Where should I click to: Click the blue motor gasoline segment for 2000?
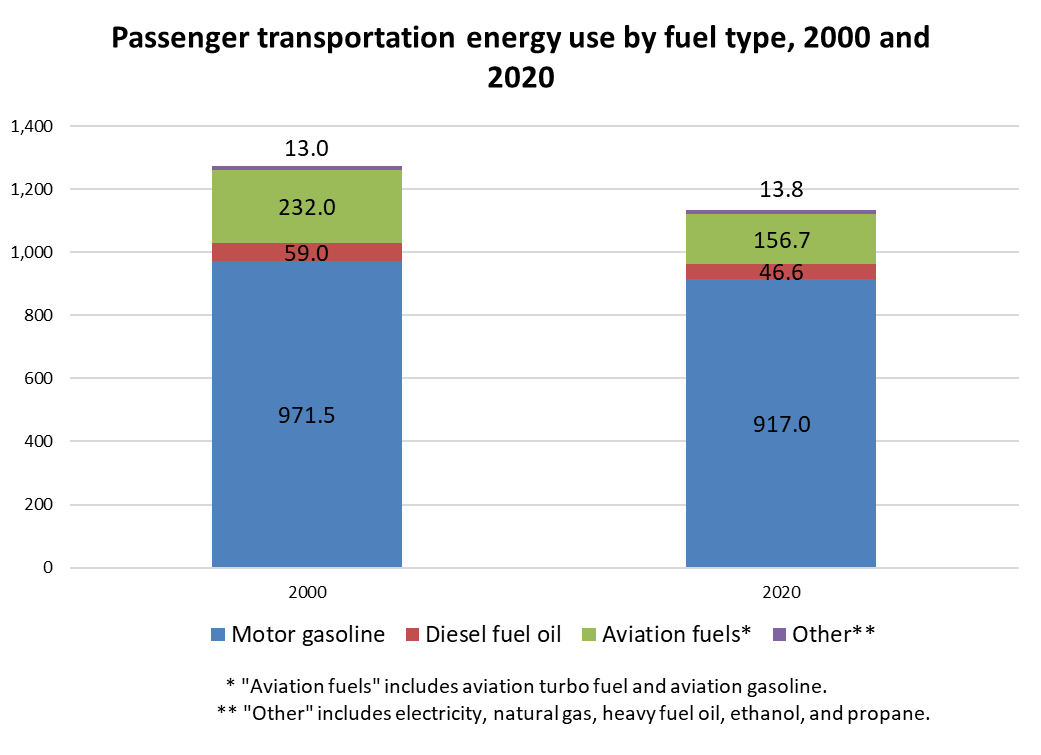tap(307, 414)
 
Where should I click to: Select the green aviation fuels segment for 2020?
tap(781, 239)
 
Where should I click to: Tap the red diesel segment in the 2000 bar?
tap(307, 252)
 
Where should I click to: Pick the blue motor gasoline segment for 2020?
tap(781, 423)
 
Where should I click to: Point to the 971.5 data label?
tap(307, 416)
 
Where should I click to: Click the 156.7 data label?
tap(781, 240)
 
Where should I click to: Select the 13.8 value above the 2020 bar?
tap(781, 190)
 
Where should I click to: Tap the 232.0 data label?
tap(307, 207)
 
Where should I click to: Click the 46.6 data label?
tap(781, 272)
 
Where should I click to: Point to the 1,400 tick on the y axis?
tap(32, 126)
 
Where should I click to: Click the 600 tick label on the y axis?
tap(39, 378)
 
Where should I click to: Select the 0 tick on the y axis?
tap(48, 567)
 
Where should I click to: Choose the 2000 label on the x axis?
tap(307, 592)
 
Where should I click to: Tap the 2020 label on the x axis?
tap(781, 592)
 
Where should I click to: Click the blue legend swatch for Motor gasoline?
tap(218, 634)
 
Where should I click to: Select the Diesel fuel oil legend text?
tap(493, 634)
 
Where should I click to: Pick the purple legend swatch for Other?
tap(779, 634)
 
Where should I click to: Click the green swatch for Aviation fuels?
tap(589, 634)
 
